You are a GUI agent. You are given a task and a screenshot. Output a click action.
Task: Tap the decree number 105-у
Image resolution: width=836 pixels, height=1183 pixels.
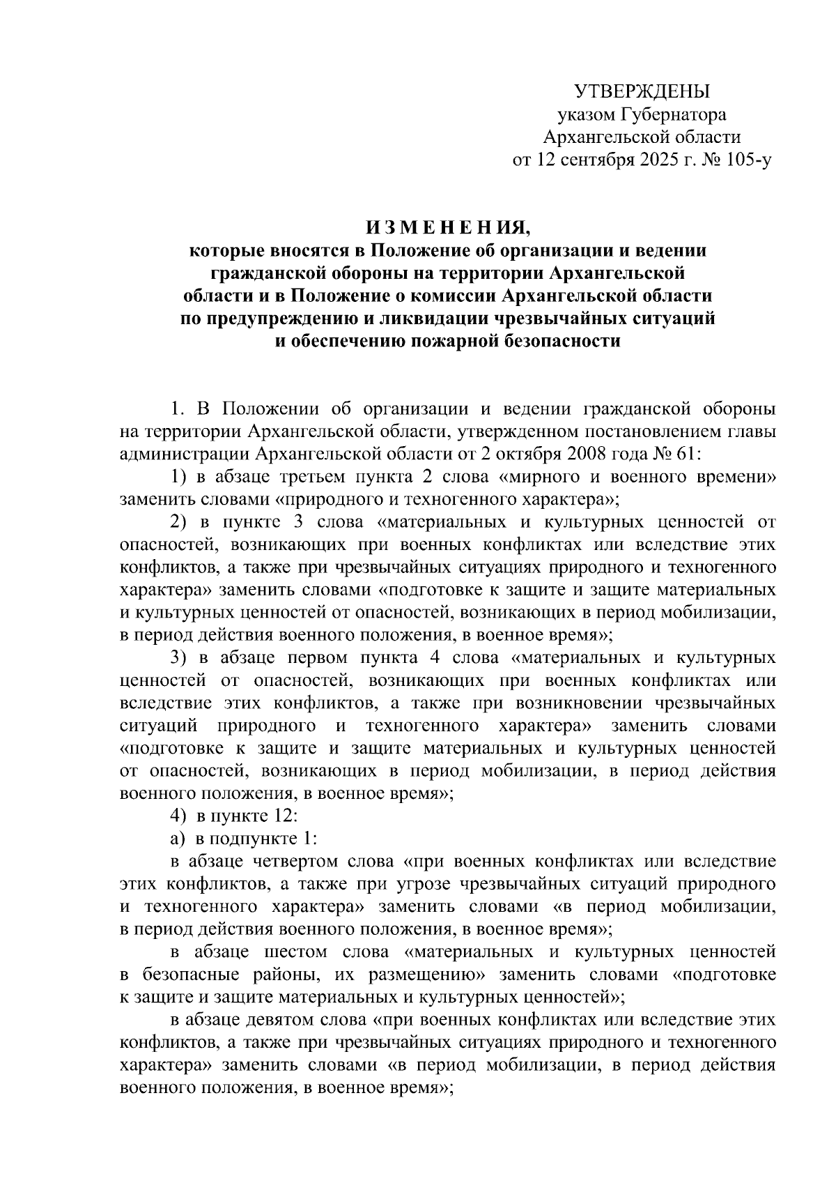pyautogui.click(x=747, y=160)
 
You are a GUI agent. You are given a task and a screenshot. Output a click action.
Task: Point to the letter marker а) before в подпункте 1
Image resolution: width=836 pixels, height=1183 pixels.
pyautogui.click(x=178, y=839)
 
